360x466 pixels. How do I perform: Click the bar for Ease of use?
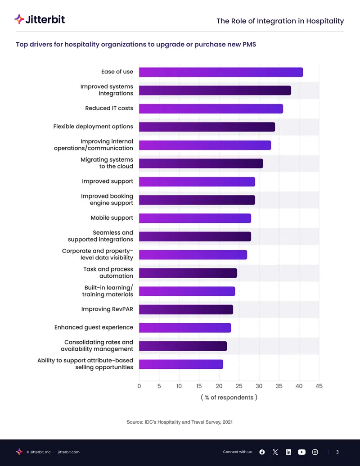coord(221,72)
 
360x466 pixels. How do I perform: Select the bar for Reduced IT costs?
coord(211,109)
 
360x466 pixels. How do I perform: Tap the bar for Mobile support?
coord(195,218)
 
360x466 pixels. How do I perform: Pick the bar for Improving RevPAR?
coord(186,310)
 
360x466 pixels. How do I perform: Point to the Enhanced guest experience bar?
coord(185,328)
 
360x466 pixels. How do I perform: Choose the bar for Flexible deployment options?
coord(207,127)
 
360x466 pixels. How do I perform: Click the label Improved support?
coord(108,181)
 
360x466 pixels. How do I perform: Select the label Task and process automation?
coord(108,272)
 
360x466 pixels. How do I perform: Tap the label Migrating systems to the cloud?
coord(107,163)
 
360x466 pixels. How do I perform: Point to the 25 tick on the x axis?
coord(239,386)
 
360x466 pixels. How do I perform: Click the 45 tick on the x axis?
coord(319,386)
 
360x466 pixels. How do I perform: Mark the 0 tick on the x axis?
coord(139,386)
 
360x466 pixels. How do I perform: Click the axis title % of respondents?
coord(229,398)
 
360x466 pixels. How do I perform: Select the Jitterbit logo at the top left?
coord(40,20)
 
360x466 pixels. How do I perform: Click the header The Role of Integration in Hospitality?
coord(280,21)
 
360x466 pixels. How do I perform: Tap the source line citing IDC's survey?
coord(180,422)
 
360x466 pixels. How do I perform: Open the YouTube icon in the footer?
coord(301,452)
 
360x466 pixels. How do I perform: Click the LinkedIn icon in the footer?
coord(288,452)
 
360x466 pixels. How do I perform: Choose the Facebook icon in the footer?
coord(262,452)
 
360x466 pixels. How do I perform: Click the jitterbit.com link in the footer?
coord(69,452)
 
